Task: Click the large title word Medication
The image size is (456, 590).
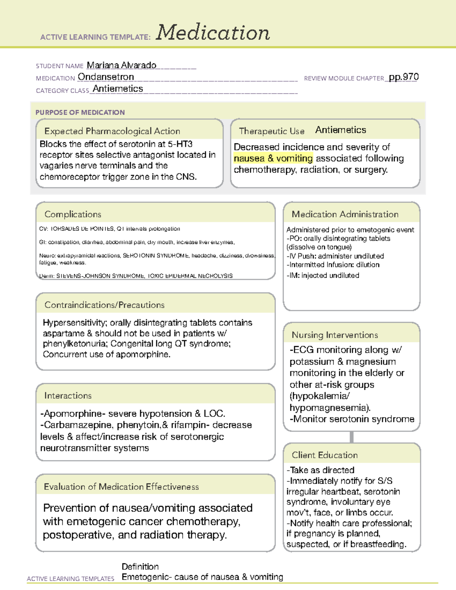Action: (213, 33)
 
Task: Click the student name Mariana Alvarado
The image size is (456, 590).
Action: (121, 65)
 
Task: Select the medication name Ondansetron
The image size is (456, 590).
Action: (106, 77)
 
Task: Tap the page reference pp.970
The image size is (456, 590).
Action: (404, 77)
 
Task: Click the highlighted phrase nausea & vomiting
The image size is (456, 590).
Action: (273, 158)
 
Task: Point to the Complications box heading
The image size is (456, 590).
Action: (73, 214)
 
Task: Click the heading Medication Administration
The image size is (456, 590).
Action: (345, 214)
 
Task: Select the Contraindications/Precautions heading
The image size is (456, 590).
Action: (104, 305)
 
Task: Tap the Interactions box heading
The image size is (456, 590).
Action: (68, 396)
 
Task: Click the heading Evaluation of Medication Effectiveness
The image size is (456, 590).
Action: (121, 487)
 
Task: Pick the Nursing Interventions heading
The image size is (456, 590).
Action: (335, 335)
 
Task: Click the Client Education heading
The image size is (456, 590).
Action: (325, 455)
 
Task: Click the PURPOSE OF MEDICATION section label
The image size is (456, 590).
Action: (80, 112)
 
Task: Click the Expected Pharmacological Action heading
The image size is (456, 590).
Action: (112, 131)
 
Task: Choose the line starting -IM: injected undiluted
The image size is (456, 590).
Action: (323, 275)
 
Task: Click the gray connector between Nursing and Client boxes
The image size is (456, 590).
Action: (351, 437)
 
